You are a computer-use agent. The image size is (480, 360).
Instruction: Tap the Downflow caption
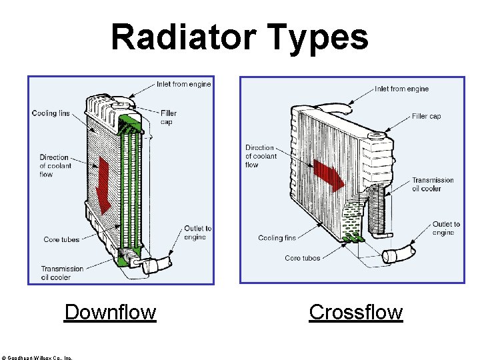(x=110, y=312)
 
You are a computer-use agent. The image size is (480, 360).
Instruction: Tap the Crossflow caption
(x=356, y=312)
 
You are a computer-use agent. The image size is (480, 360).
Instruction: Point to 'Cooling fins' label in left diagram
(x=50, y=113)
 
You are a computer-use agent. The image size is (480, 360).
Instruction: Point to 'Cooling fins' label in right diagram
(x=277, y=237)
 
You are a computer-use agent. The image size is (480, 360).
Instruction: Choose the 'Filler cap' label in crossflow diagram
(x=426, y=116)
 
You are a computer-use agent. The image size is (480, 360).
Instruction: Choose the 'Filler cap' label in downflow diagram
(x=168, y=117)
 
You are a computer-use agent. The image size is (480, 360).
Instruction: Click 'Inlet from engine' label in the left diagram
(x=183, y=85)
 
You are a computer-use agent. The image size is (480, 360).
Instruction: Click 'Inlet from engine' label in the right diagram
(x=401, y=89)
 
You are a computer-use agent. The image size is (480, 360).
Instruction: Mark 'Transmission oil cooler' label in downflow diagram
(x=62, y=273)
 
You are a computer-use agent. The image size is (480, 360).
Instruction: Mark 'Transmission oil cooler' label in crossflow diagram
(x=432, y=184)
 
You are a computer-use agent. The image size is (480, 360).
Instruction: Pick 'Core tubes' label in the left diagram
(x=61, y=239)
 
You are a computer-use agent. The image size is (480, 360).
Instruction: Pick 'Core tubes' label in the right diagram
(x=302, y=258)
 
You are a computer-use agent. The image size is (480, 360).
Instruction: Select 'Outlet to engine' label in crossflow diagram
(x=445, y=228)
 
